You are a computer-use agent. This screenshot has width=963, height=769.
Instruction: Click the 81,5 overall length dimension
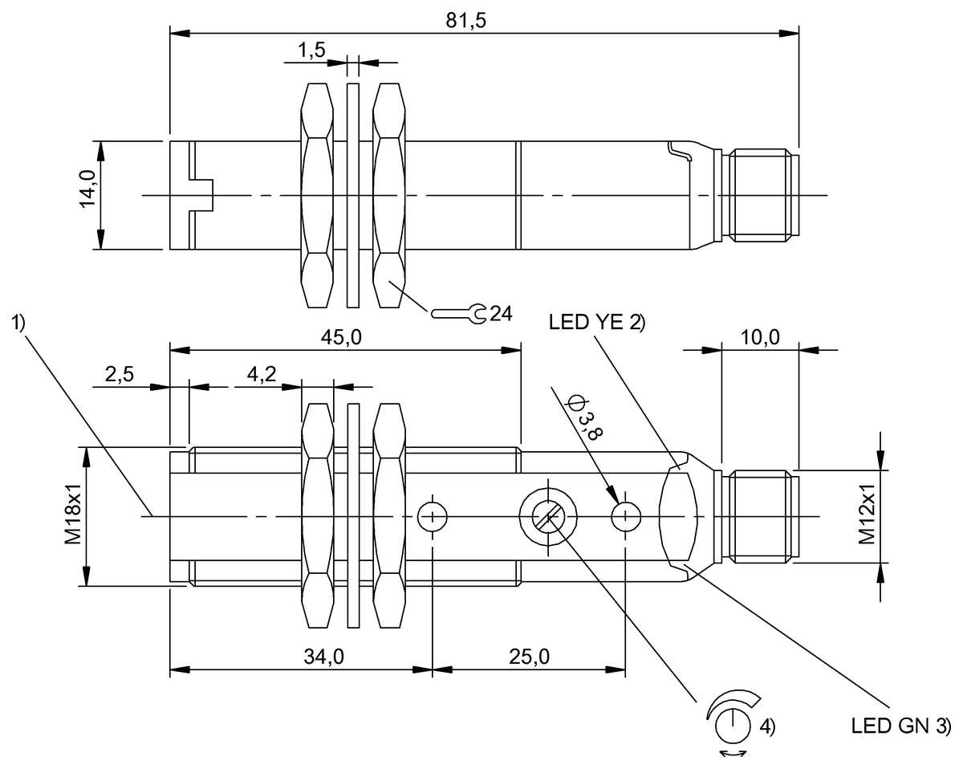click(x=465, y=21)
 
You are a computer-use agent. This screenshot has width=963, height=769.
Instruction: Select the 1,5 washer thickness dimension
click(x=312, y=50)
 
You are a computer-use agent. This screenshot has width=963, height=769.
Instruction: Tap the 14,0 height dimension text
click(x=88, y=189)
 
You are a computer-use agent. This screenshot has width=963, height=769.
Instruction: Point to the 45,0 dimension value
click(x=341, y=337)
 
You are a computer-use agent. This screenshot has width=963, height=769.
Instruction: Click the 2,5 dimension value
click(x=120, y=374)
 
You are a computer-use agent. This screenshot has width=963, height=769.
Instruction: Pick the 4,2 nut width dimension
click(x=262, y=374)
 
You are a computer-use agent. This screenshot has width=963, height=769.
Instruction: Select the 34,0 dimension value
click(x=324, y=657)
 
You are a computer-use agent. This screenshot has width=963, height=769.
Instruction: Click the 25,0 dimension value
click(x=529, y=657)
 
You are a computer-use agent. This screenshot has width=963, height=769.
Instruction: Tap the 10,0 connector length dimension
click(x=760, y=337)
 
